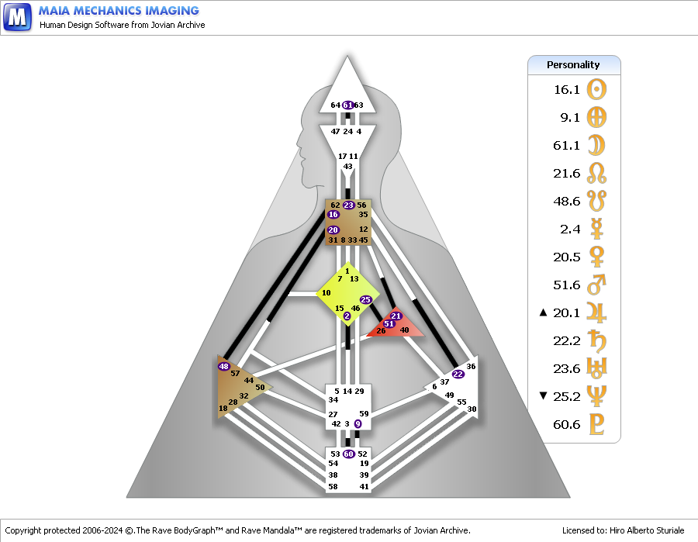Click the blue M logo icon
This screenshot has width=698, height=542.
click(x=17, y=16)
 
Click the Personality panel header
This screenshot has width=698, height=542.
click(x=574, y=64)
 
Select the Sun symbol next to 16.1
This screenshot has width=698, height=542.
click(x=596, y=89)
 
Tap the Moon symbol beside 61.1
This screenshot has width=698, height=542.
click(x=596, y=145)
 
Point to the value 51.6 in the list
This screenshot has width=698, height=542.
click(x=566, y=285)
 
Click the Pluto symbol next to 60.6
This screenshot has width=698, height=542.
click(x=596, y=424)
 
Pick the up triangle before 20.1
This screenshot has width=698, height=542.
click(x=543, y=312)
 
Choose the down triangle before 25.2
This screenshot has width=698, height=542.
click(x=543, y=396)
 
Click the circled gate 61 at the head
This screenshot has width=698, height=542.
click(x=348, y=105)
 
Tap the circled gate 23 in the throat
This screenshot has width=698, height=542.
click(x=348, y=205)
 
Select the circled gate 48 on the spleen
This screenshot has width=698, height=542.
click(x=224, y=366)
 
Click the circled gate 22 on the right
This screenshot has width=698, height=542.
click(x=458, y=374)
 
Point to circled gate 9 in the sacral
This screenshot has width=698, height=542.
click(x=358, y=423)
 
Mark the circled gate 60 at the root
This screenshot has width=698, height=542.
click(x=348, y=454)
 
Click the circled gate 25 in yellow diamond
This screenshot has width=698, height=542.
click(x=366, y=299)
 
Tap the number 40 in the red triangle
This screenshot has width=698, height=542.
click(x=404, y=330)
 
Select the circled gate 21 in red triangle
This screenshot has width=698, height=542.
click(x=396, y=316)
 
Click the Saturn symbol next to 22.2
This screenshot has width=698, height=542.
click(x=596, y=340)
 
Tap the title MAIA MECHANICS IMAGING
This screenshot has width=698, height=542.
click(x=119, y=11)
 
